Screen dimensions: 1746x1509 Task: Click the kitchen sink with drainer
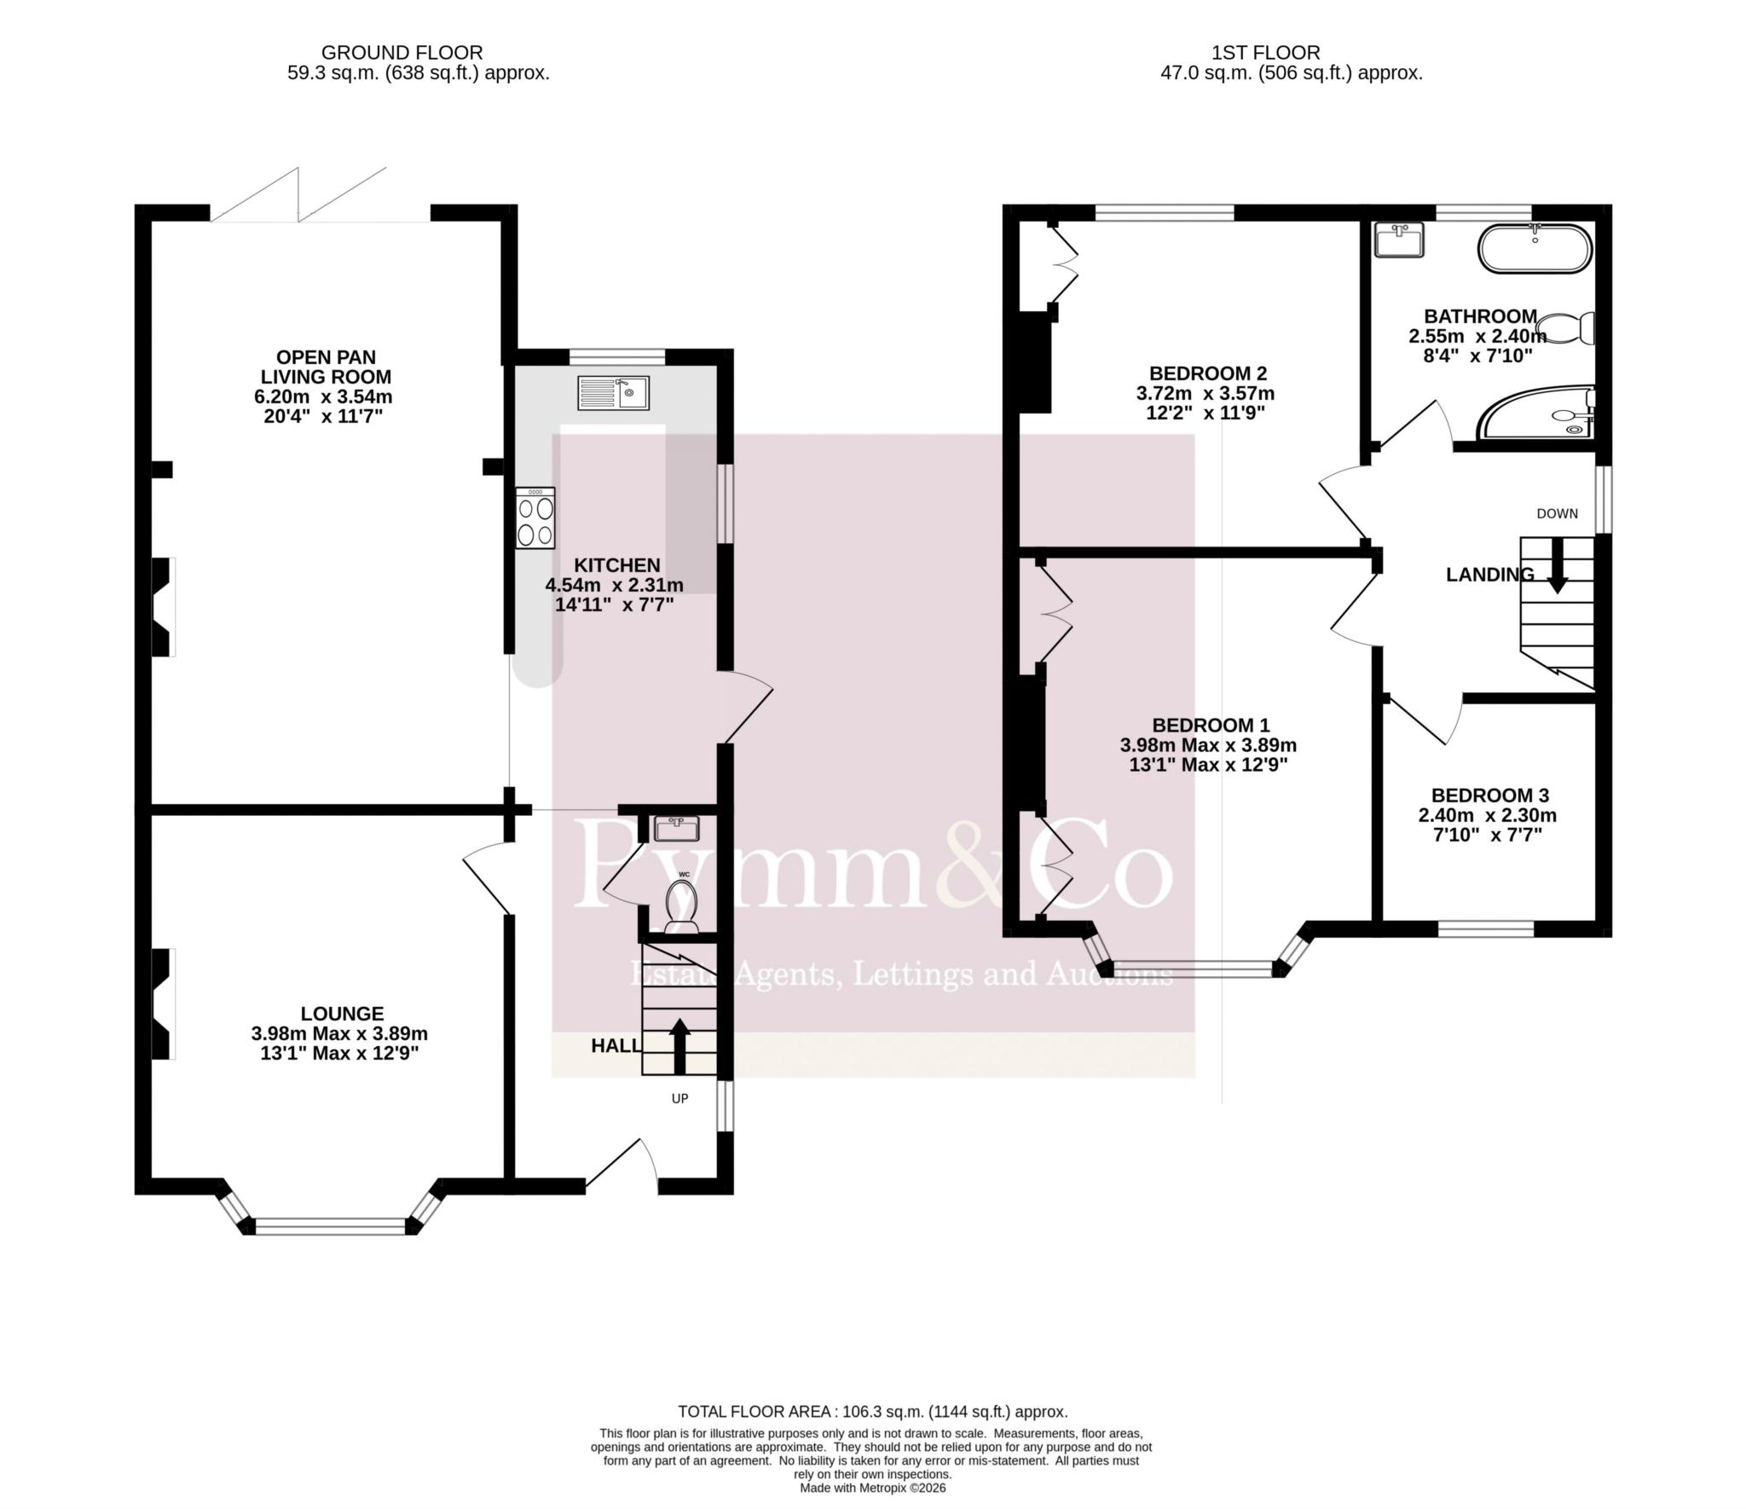(x=613, y=393)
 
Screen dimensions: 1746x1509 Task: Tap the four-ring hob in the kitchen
(x=535, y=518)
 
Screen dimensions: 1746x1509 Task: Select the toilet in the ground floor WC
(x=682, y=905)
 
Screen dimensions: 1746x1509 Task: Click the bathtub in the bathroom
(x=1535, y=248)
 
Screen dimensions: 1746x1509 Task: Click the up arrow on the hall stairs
(x=679, y=1046)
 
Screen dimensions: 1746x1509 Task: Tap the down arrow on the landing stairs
(x=1557, y=565)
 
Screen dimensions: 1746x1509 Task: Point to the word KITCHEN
(x=617, y=565)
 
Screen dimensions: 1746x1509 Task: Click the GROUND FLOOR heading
(x=402, y=53)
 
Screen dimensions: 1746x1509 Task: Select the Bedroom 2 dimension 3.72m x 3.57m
(x=1205, y=394)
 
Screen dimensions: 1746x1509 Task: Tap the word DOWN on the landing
(x=1557, y=514)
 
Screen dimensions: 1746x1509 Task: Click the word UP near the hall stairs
(x=679, y=1099)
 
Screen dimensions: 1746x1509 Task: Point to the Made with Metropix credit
(x=873, y=1488)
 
